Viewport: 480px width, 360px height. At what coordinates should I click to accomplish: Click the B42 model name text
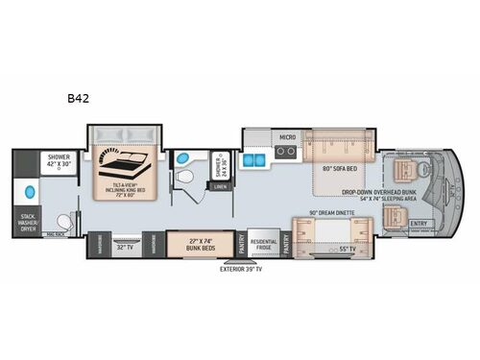(76, 98)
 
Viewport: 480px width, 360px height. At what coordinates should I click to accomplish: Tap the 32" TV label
(124, 246)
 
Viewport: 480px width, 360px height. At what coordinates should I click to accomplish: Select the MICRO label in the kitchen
(286, 137)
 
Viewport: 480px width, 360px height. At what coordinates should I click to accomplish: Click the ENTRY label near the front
(420, 224)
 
